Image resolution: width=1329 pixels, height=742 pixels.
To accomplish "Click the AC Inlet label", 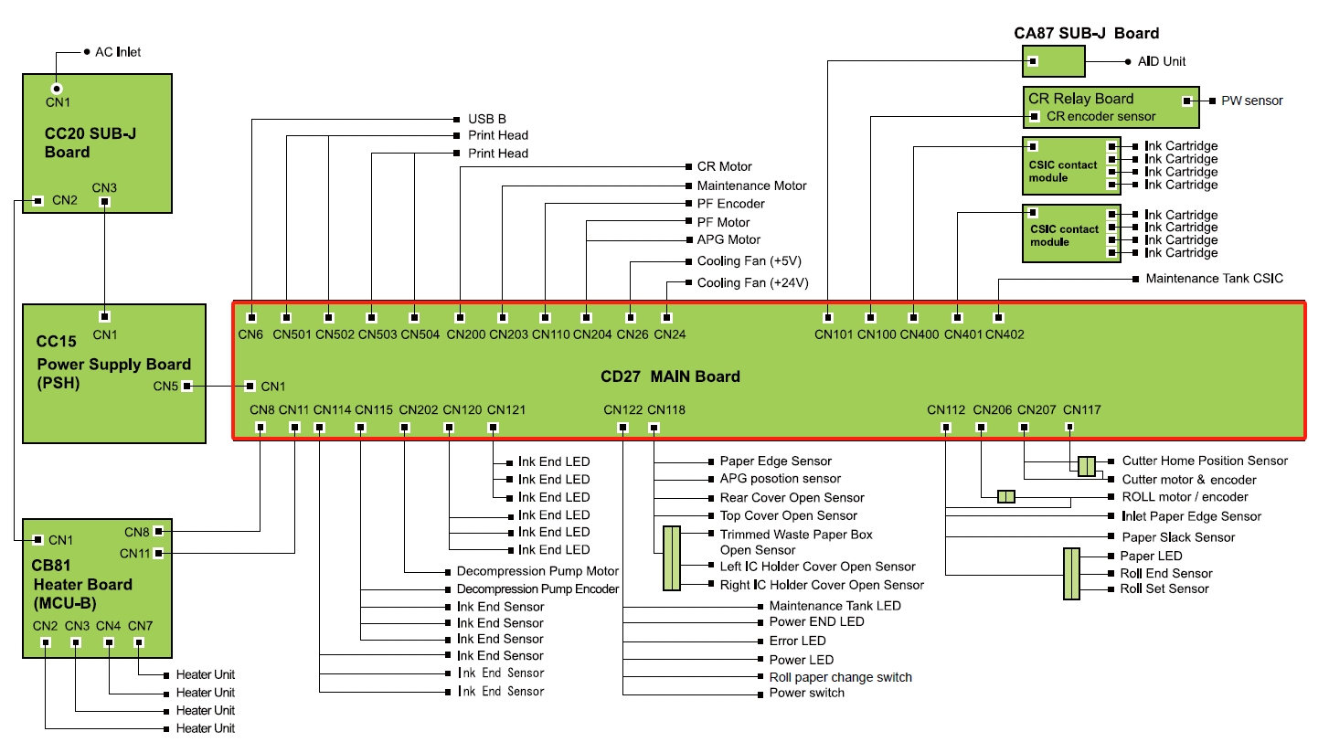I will pyautogui.click(x=118, y=52).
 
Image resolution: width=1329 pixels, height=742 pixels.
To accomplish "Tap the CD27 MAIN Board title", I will pyautogui.click(x=670, y=376).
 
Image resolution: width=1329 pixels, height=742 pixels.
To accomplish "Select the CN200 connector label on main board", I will pyautogui.click(x=466, y=334).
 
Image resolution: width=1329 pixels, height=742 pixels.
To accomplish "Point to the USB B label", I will pyautogui.click(x=486, y=119).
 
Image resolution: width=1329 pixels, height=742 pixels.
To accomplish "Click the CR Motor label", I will pyautogui.click(x=724, y=166).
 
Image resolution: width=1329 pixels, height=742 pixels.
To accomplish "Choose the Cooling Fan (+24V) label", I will pyautogui.click(x=752, y=282).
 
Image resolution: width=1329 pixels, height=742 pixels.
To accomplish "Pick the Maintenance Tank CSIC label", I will pyautogui.click(x=1214, y=278).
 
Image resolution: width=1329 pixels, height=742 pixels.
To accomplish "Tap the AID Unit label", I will pyautogui.click(x=1162, y=61).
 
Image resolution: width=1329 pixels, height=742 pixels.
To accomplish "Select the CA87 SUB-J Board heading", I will pyautogui.click(x=1086, y=34).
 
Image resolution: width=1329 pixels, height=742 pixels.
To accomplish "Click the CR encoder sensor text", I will pyautogui.click(x=1100, y=116).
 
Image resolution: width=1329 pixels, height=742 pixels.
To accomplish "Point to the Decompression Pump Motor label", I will pyautogui.click(x=537, y=571).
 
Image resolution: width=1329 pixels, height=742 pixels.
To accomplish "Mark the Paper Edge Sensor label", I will pyautogui.click(x=775, y=461).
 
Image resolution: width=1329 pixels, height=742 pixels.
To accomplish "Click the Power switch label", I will pyautogui.click(x=807, y=693).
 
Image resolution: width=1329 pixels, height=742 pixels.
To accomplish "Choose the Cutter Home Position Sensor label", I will pyautogui.click(x=1205, y=461).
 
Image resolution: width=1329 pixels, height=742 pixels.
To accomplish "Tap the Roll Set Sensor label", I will pyautogui.click(x=1164, y=588).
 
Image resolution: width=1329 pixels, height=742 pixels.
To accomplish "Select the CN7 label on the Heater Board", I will pyautogui.click(x=140, y=626).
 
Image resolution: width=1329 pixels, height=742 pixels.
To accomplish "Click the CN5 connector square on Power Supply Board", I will pyautogui.click(x=186, y=386).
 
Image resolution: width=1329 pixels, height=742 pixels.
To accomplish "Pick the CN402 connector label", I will pyautogui.click(x=1005, y=334).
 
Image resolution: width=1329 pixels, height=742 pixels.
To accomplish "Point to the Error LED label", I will pyautogui.click(x=797, y=641).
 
